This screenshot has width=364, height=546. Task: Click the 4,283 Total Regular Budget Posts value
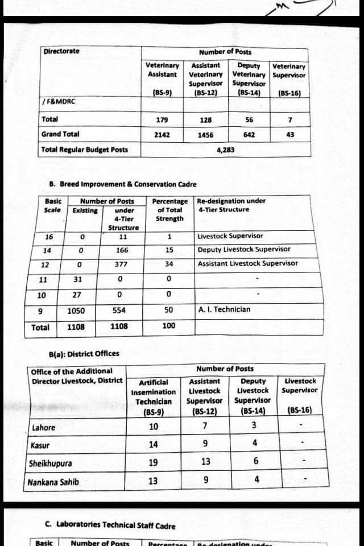226,150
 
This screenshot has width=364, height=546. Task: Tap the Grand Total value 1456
206,135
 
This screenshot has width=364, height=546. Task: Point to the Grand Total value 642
249,135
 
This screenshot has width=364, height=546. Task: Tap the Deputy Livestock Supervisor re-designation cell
243,249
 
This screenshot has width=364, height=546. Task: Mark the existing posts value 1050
76,311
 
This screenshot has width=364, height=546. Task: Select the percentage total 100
169,326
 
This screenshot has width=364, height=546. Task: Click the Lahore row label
44,428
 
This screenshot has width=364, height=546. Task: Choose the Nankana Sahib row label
53,482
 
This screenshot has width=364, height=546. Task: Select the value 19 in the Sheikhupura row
153,463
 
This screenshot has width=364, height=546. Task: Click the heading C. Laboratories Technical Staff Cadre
110,526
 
